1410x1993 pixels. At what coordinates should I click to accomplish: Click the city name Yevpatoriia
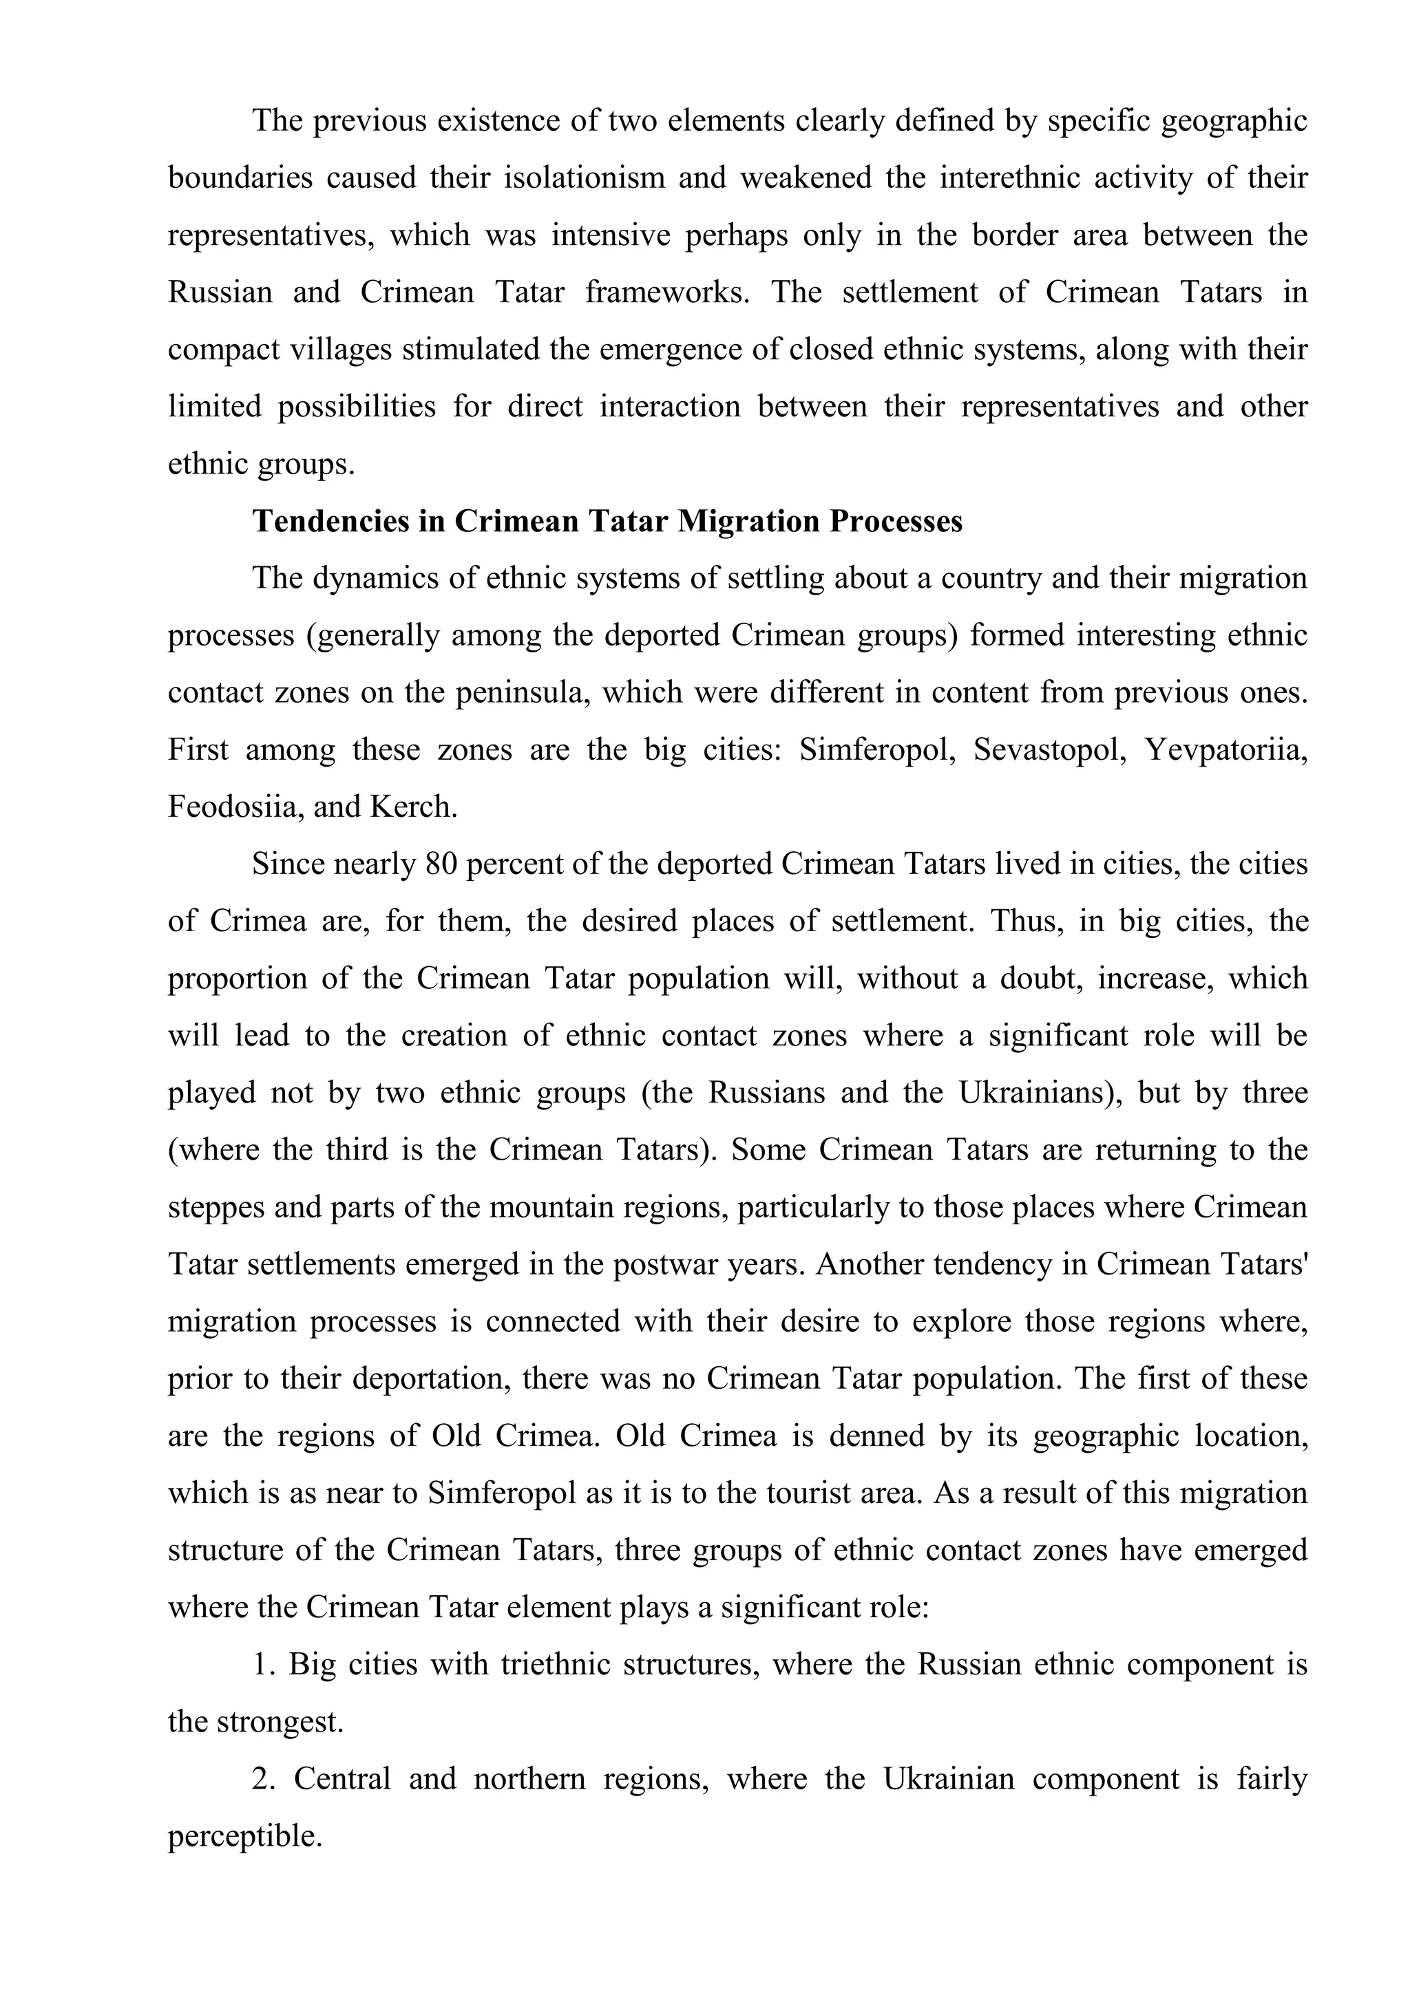(x=1226, y=749)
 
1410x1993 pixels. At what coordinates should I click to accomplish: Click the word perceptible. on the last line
(x=245, y=1837)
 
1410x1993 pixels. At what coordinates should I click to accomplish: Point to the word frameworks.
(x=667, y=292)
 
